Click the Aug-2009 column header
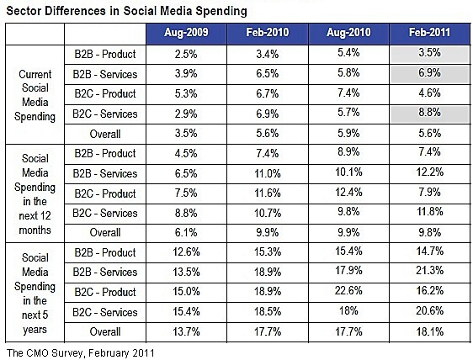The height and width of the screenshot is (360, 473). point(186,33)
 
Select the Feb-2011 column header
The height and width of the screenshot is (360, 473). point(429,32)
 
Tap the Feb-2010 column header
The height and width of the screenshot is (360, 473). point(268,32)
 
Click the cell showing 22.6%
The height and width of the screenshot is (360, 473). point(348,291)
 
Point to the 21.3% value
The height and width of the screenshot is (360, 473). point(429,271)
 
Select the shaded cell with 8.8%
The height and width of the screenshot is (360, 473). point(429,113)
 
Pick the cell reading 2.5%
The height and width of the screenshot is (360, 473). point(186,55)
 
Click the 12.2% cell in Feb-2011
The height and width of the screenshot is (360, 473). point(430,172)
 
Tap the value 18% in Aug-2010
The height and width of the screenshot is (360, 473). point(348,310)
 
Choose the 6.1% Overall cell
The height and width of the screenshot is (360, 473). point(186,232)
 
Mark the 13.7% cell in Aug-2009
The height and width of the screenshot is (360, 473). point(186,331)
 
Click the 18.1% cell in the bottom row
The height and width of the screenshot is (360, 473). point(430,331)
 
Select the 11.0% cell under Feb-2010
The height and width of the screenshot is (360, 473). point(268,173)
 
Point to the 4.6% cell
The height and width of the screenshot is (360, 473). point(429,93)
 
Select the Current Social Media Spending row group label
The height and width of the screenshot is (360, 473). point(35,95)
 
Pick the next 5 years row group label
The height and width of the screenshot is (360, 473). point(35,293)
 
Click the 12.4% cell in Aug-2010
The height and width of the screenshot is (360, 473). point(348,192)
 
